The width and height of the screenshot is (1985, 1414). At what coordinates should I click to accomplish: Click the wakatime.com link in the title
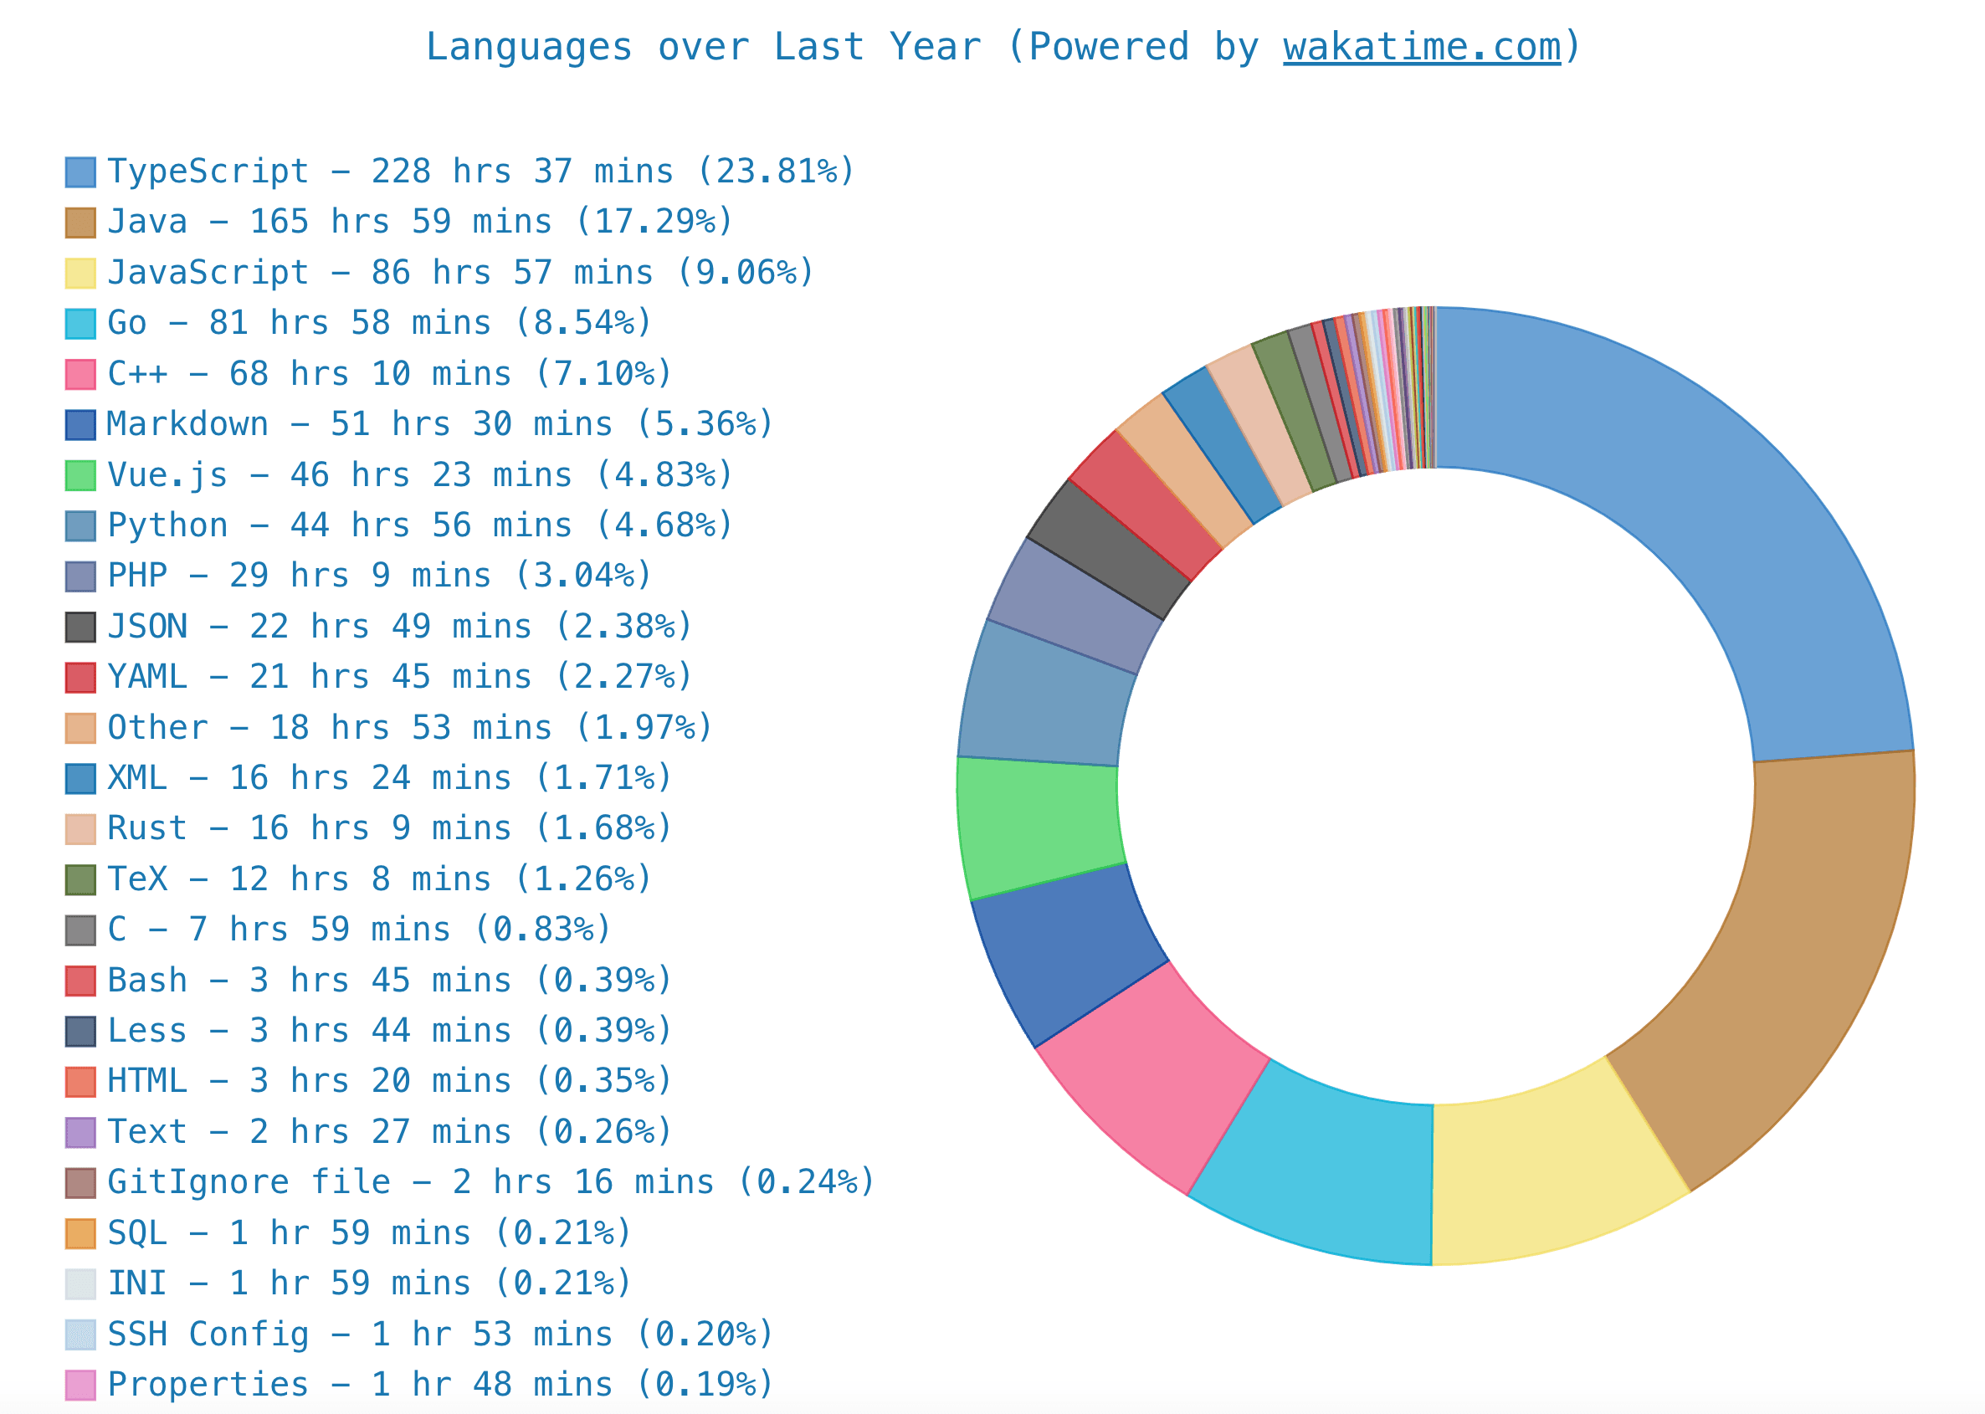point(1421,47)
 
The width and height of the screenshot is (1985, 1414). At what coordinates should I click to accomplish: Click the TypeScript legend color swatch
point(80,172)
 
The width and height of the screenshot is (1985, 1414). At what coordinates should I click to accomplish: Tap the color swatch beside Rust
point(80,829)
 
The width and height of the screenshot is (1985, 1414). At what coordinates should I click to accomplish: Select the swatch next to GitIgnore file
point(80,1183)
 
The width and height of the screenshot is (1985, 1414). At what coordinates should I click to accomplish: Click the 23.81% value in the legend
point(775,172)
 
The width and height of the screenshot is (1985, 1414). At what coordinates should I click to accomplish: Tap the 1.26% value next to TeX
point(583,879)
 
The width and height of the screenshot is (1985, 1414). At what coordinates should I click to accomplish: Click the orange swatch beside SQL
point(80,1234)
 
